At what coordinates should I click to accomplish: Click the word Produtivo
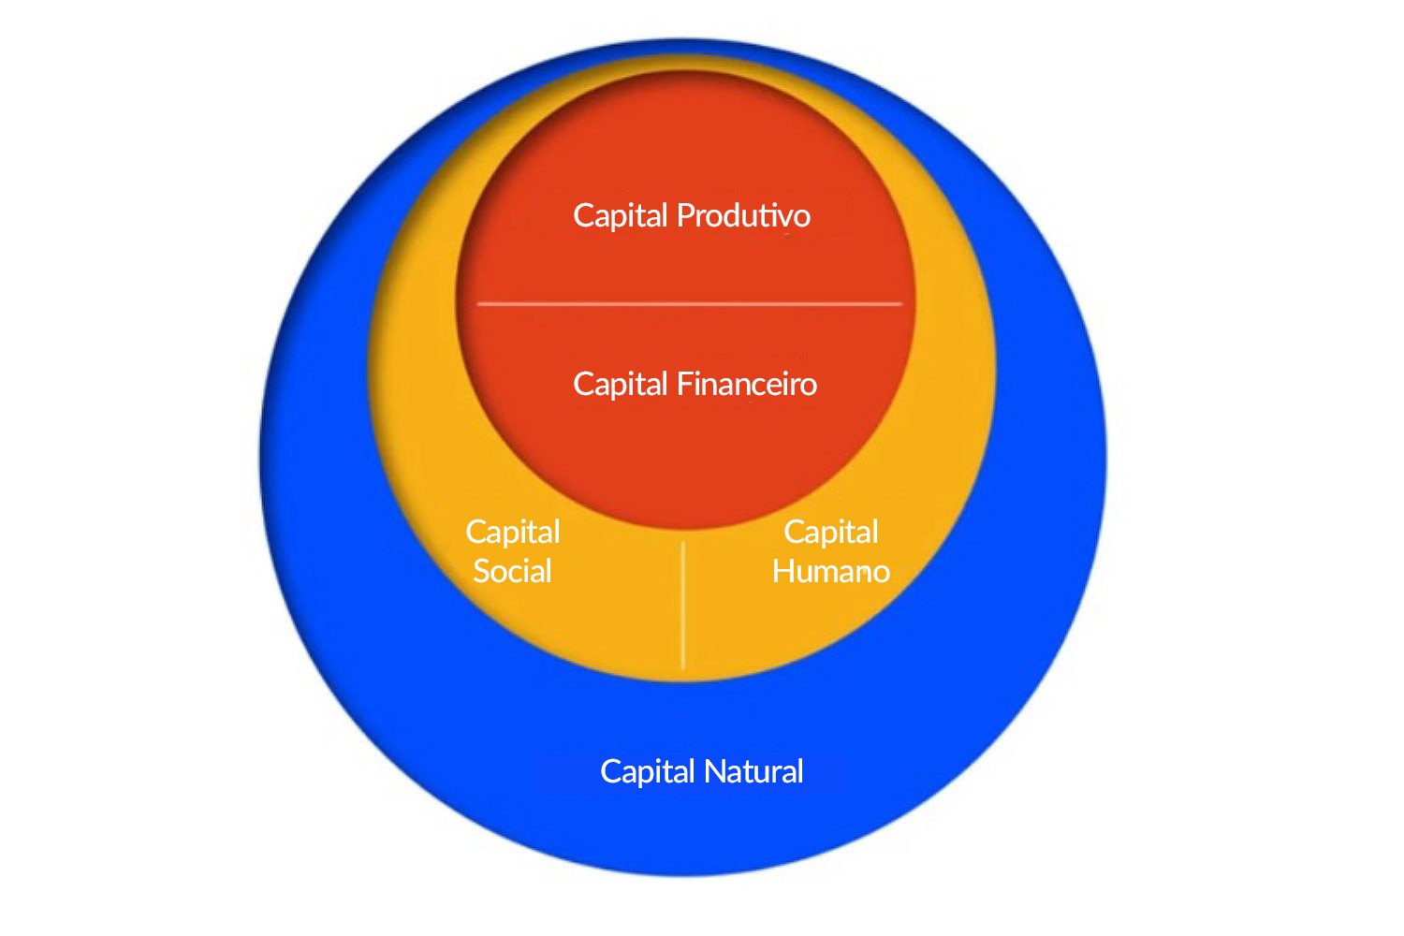coord(743,216)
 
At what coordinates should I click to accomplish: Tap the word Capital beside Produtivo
coord(621,216)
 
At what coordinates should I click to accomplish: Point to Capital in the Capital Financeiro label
coord(621,385)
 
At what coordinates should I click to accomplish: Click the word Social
coord(512,571)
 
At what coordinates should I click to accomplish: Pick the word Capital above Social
coord(513,533)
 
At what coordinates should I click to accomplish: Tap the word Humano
coord(830,571)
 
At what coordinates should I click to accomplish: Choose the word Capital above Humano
coord(831,533)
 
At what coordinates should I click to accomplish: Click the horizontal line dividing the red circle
coord(689,304)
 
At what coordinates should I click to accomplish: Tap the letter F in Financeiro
coord(682,384)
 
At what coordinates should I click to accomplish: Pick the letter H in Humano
coord(782,571)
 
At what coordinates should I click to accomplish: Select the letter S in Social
coord(482,571)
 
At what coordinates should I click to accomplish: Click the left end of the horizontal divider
coord(480,304)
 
